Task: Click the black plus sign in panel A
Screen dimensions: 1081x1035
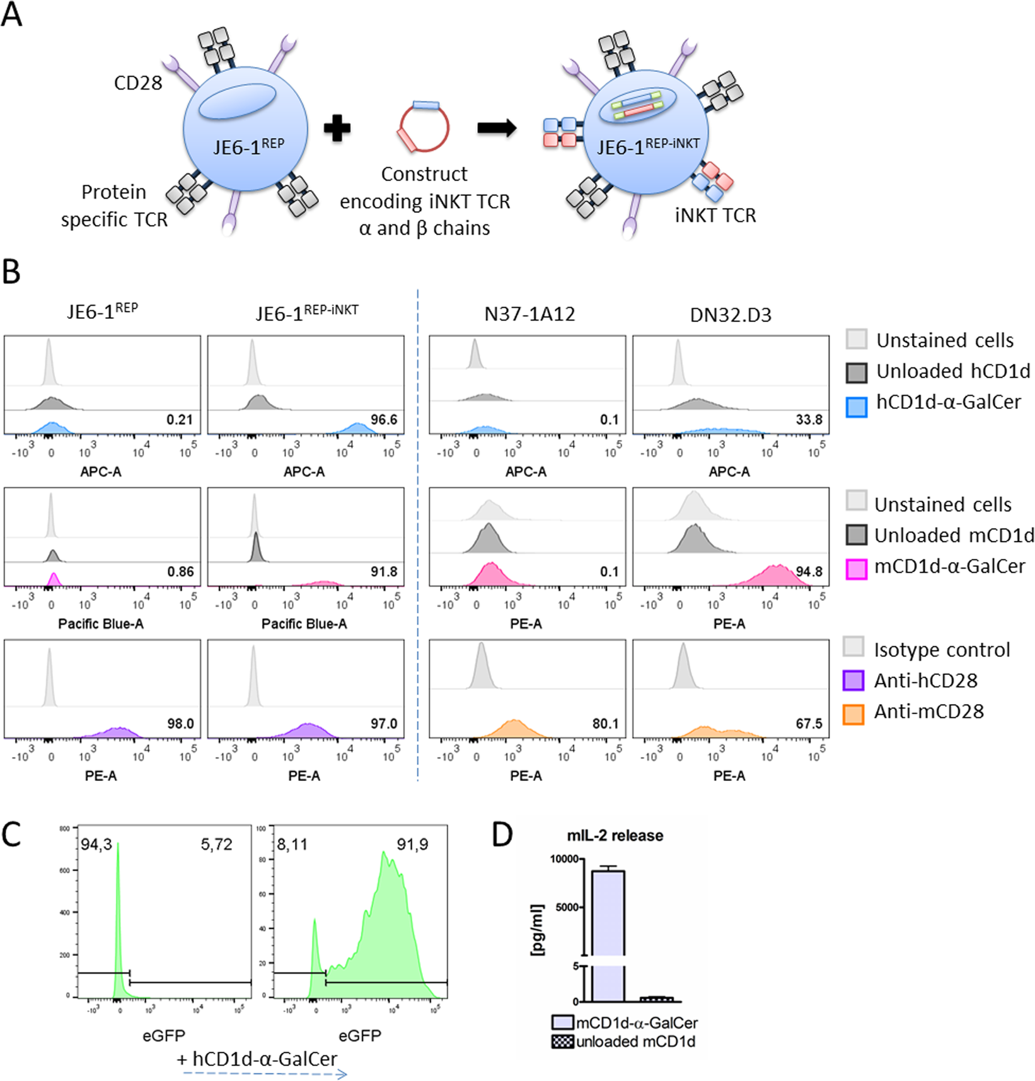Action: pos(337,129)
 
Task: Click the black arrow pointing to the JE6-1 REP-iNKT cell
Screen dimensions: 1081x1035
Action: pos(497,128)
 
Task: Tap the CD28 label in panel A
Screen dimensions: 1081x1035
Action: pos(138,83)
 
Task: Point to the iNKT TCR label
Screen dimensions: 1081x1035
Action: pos(715,216)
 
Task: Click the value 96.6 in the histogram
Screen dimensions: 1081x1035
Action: pos(384,420)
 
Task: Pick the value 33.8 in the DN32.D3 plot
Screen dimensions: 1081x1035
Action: pos(809,420)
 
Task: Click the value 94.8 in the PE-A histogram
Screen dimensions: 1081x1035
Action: pos(809,572)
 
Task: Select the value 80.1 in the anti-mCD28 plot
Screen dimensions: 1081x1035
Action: pos(605,724)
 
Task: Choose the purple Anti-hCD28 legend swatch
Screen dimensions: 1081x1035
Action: pos(853,681)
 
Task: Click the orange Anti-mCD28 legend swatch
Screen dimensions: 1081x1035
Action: pos(853,712)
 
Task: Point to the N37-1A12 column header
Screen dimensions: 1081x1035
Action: pos(529,314)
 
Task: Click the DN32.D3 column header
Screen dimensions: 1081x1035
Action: pos(731,314)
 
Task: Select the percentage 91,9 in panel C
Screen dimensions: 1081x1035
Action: pos(412,845)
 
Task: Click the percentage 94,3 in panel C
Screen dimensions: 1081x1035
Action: pos(96,845)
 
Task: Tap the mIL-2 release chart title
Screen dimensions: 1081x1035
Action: pos(615,836)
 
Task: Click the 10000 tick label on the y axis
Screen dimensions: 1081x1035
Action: pos(564,859)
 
